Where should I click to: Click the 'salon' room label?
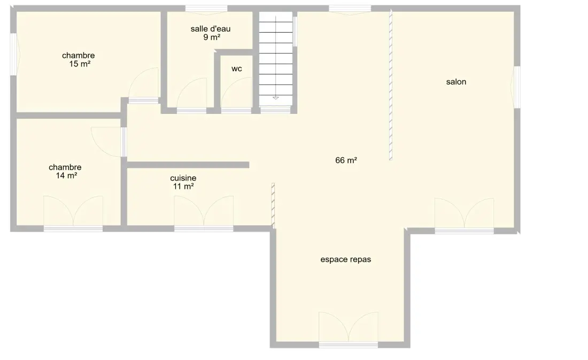(456, 82)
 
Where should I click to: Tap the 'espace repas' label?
(345, 259)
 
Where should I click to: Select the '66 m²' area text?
(346, 160)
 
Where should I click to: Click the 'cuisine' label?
(183, 178)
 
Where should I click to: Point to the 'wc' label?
(237, 68)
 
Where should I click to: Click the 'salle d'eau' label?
(211, 29)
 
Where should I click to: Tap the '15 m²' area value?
(80, 64)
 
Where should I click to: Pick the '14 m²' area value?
(66, 175)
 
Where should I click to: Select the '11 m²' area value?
(183, 186)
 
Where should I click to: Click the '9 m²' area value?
(212, 37)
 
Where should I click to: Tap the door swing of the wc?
(236, 93)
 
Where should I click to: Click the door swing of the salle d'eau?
(191, 93)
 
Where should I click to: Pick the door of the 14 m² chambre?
(106, 142)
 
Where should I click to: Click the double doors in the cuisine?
(204, 211)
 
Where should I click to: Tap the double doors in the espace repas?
(349, 327)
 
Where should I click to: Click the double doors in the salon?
(464, 213)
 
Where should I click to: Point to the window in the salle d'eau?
(206, 9)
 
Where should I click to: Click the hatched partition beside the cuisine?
(273, 206)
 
